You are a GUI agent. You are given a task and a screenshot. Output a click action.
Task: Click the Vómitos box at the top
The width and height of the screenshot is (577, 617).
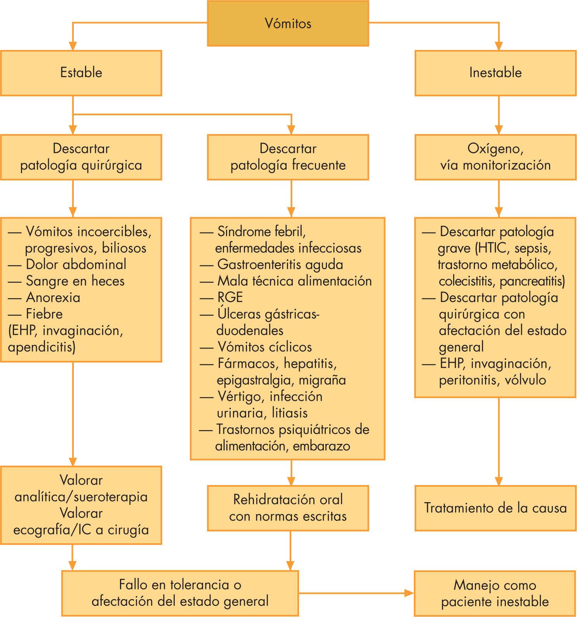click(x=288, y=23)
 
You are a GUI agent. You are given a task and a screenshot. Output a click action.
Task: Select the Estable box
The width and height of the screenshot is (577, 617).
click(x=81, y=73)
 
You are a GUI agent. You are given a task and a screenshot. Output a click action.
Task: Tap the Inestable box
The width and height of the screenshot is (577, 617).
click(x=495, y=73)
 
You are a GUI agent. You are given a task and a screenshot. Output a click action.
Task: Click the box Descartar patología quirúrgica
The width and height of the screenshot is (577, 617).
click(x=81, y=157)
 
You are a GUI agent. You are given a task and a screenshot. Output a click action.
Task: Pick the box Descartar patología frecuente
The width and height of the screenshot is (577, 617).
click(x=288, y=157)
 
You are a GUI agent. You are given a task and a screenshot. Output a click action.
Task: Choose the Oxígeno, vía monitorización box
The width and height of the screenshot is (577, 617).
click(x=495, y=157)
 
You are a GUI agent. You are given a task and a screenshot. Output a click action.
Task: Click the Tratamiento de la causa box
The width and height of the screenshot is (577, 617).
click(x=495, y=508)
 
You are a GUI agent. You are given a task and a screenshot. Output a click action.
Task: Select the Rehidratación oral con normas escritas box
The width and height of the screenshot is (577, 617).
click(x=288, y=508)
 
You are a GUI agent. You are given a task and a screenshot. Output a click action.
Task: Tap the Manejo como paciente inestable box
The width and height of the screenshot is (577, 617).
click(x=495, y=593)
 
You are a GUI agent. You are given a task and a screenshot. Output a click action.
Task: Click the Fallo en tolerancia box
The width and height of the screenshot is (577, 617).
click(x=180, y=593)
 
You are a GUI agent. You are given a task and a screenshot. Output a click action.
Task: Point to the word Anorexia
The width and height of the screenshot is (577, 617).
click(x=53, y=298)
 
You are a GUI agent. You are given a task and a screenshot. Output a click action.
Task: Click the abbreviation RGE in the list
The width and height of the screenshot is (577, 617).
click(x=230, y=298)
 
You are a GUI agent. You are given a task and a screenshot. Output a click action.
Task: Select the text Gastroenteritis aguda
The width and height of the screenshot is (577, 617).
click(x=280, y=265)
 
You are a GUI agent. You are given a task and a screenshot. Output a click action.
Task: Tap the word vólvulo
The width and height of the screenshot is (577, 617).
click(x=525, y=380)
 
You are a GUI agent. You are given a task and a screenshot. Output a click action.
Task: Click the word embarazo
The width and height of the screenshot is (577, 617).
click(x=322, y=446)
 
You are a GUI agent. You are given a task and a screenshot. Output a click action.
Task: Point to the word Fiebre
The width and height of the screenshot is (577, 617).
click(x=44, y=314)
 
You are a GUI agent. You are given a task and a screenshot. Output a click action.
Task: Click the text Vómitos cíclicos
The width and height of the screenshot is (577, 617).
click(x=264, y=347)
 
